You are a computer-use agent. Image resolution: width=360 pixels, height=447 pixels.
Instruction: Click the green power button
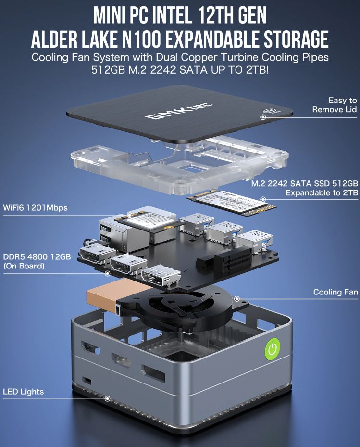273,348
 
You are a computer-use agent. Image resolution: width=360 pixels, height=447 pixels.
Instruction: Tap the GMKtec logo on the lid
179,111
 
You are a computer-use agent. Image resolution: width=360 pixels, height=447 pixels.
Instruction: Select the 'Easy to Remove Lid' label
335,104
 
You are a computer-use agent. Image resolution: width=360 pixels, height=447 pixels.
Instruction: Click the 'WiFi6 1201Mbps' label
35,207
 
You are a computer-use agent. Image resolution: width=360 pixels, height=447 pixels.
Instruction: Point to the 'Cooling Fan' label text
335,292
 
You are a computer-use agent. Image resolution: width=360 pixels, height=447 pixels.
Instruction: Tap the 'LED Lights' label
24,391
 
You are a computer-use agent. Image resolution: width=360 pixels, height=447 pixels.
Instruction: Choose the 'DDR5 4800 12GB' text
37,256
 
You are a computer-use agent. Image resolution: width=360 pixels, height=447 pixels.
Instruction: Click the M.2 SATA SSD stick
232,202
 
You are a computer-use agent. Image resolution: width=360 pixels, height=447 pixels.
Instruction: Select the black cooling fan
182,309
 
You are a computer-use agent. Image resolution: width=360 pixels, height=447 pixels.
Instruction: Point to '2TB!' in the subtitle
258,70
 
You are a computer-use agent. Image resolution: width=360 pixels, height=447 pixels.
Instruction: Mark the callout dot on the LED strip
107,398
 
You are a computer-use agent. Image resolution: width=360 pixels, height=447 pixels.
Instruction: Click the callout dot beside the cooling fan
236,299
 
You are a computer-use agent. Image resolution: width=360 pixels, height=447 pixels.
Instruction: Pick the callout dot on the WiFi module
130,215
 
